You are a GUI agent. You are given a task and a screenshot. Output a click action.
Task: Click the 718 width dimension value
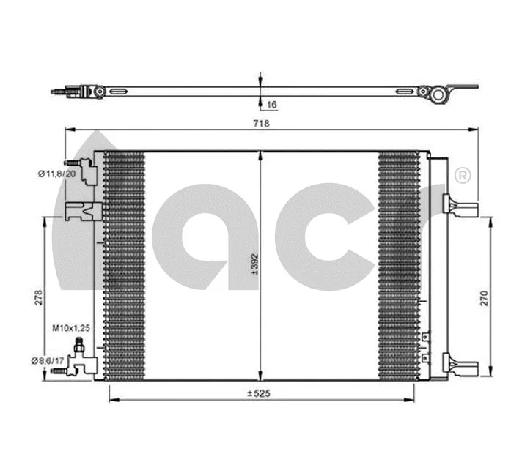262,124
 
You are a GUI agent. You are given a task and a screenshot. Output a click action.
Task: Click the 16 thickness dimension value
271,105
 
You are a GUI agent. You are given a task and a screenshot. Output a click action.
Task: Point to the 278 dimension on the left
38,297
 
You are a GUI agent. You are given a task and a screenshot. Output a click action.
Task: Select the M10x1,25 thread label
70,330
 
